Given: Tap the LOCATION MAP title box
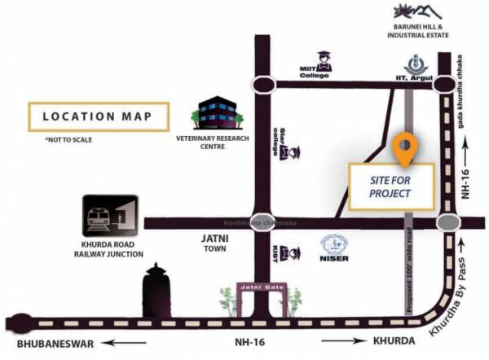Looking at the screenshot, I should [97, 116].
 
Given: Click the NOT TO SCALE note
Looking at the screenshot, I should [68, 141].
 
